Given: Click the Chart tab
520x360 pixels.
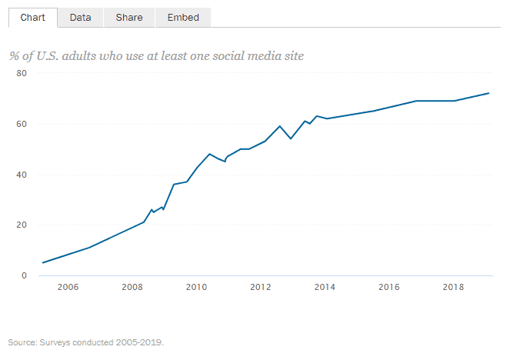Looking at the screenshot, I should [x=32, y=17].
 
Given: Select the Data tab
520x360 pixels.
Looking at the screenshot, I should [x=81, y=17].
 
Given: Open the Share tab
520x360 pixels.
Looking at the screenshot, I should [x=129, y=17].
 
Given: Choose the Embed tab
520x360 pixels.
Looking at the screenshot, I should [x=183, y=17].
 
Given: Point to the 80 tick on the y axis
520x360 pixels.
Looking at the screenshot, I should [x=22, y=73].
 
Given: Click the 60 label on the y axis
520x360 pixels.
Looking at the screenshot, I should [x=22, y=124].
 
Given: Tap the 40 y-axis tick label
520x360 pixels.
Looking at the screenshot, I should [x=22, y=175].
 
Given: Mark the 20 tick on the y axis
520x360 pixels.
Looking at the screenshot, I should [x=22, y=225].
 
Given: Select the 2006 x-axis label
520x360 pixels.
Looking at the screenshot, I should [x=68, y=287].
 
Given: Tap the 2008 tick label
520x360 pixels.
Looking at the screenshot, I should [x=132, y=287].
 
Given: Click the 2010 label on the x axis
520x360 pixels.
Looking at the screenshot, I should [x=196, y=287].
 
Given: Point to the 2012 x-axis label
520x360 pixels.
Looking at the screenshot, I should [x=261, y=287].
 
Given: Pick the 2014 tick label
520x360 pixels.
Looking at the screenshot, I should [x=325, y=287].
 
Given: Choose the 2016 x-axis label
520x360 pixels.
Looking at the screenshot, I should [x=389, y=287].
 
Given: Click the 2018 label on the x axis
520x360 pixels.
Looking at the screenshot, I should [x=453, y=287].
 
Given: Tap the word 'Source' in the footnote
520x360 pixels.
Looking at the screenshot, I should [x=22, y=342].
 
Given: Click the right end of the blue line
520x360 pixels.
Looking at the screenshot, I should [x=488, y=93].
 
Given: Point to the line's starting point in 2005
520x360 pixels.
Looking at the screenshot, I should [x=42, y=262].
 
